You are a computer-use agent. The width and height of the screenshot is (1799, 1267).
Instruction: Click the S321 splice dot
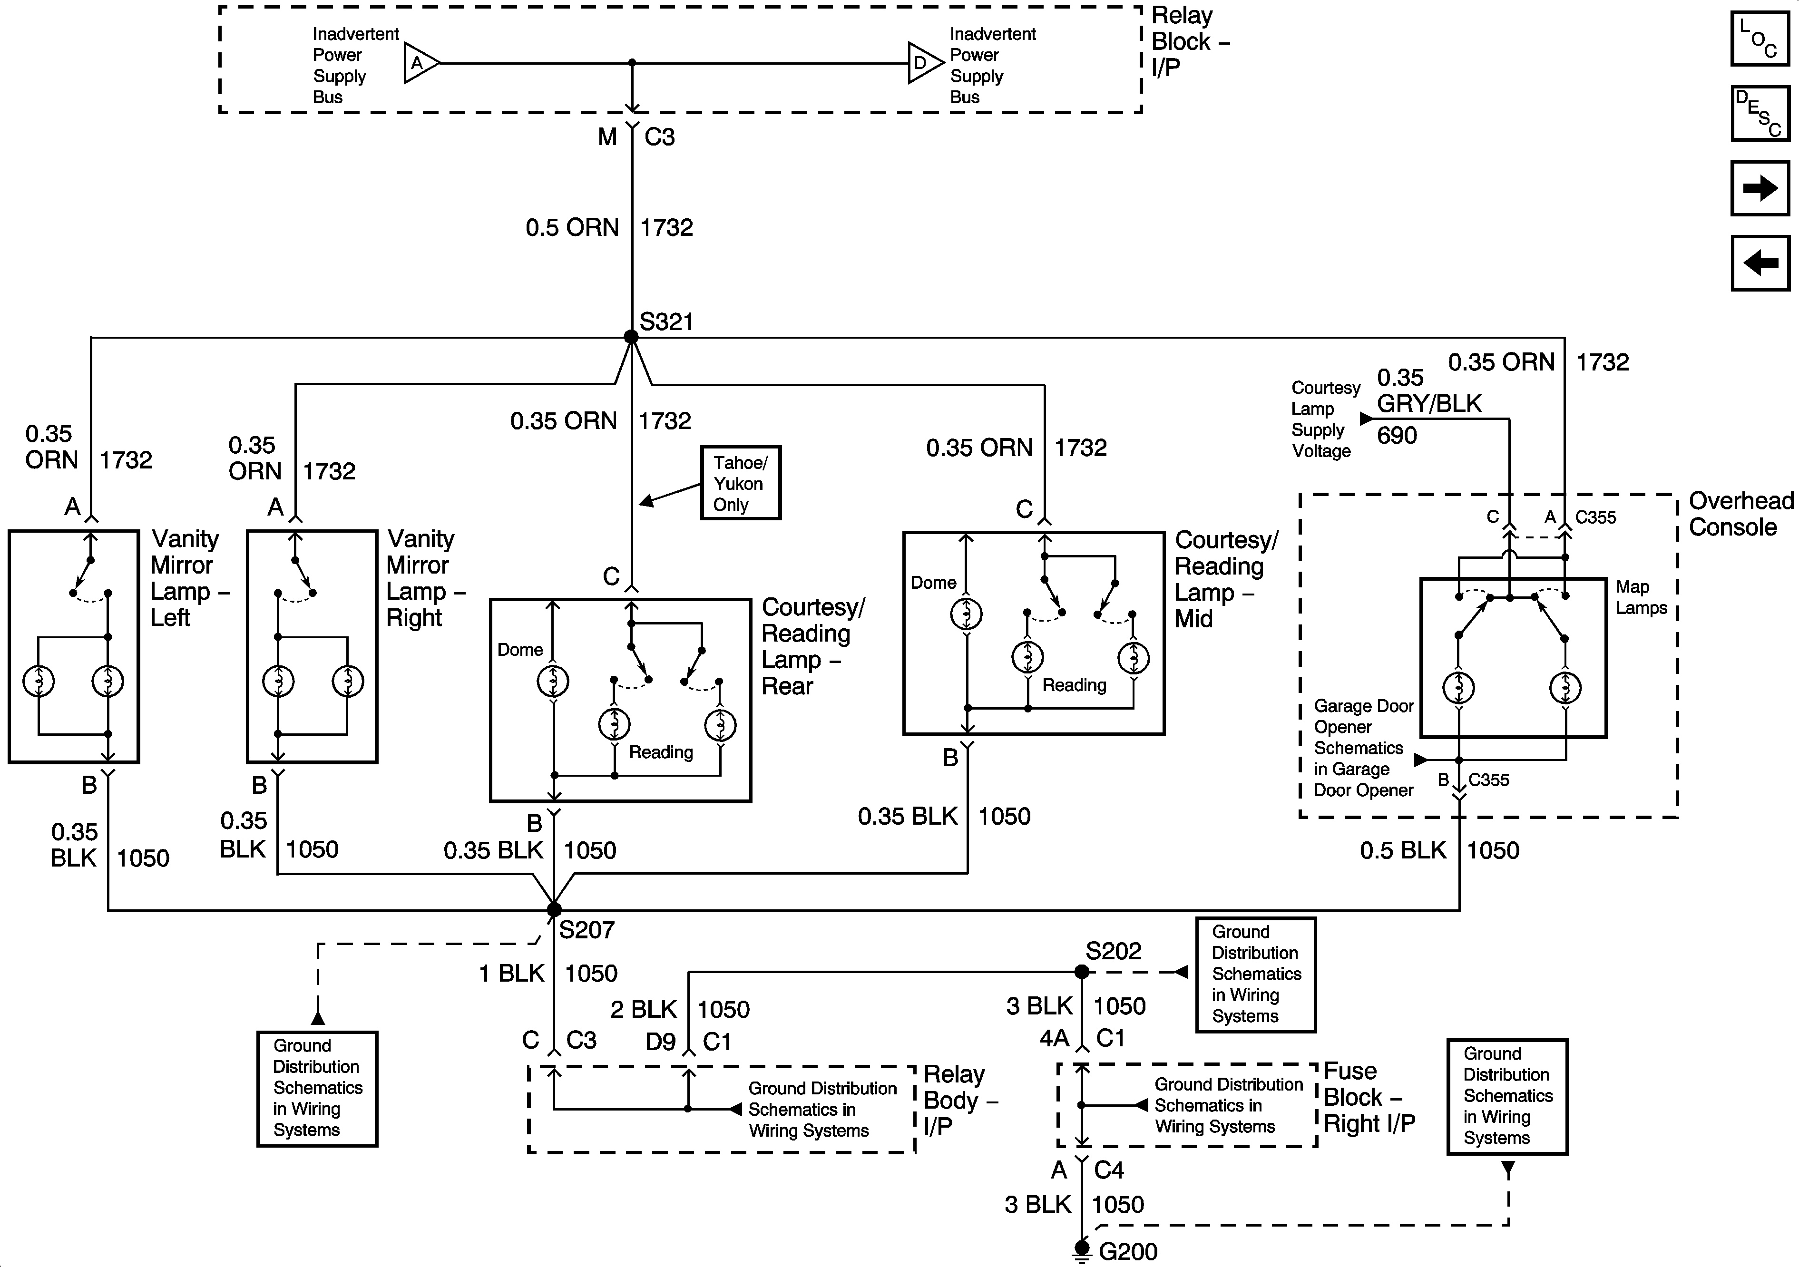tap(631, 337)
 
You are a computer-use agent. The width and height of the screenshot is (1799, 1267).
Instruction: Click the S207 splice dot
tap(554, 910)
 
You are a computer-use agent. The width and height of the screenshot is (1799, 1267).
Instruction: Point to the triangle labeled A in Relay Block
tap(419, 63)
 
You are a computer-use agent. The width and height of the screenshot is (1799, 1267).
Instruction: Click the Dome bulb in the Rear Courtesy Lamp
tap(553, 681)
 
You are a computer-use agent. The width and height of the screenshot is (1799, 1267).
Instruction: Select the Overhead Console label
tap(1740, 514)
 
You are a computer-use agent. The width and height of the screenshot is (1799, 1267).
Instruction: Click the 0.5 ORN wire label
tap(572, 228)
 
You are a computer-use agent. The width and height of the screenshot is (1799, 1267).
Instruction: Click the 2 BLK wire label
tap(643, 1009)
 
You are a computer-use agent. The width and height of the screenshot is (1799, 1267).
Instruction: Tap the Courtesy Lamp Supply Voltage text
tap(1325, 419)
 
